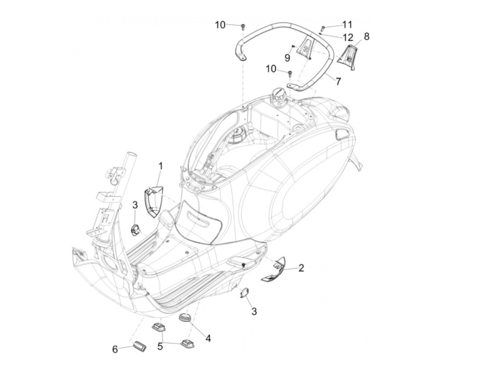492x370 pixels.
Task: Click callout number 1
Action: click(x=161, y=166)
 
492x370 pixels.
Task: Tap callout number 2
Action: click(x=301, y=268)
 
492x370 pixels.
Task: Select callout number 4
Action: click(x=208, y=338)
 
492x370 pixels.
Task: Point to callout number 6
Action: click(x=115, y=349)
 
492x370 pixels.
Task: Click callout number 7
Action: click(x=338, y=81)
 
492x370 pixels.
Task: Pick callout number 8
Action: click(x=367, y=36)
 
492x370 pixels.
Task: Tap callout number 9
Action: click(x=287, y=58)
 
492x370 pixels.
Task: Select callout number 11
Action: click(x=347, y=24)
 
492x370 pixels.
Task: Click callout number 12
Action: click(x=347, y=36)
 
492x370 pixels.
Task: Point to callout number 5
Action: click(x=160, y=346)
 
